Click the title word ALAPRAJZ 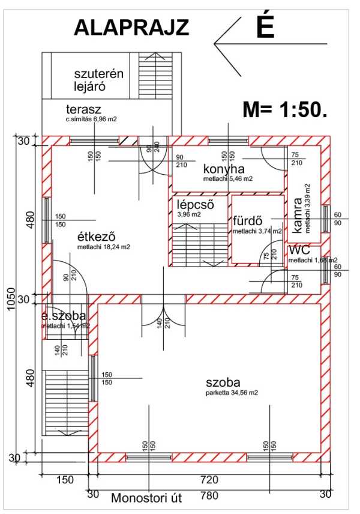click(x=131, y=28)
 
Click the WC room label click(x=299, y=250)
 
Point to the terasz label click(x=83, y=109)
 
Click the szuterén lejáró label click(x=98, y=80)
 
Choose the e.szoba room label click(x=64, y=316)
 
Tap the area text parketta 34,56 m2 click(x=232, y=393)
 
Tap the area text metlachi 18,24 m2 click(x=104, y=247)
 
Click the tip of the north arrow click(x=215, y=43)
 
